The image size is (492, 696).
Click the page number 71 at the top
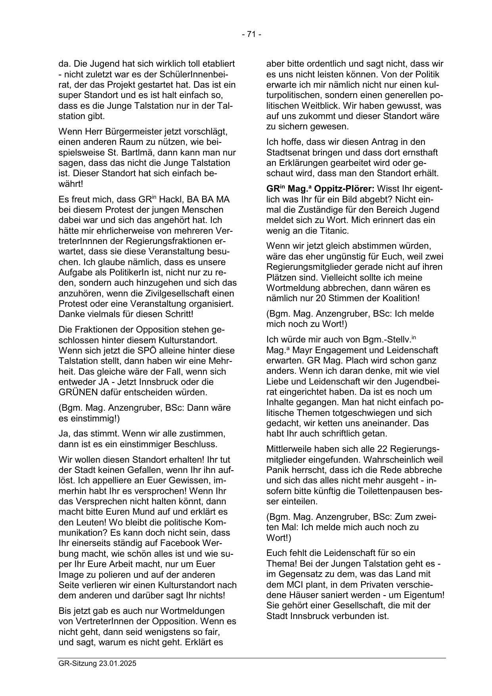pos(251,35)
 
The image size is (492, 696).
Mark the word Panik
pos(277,470)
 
